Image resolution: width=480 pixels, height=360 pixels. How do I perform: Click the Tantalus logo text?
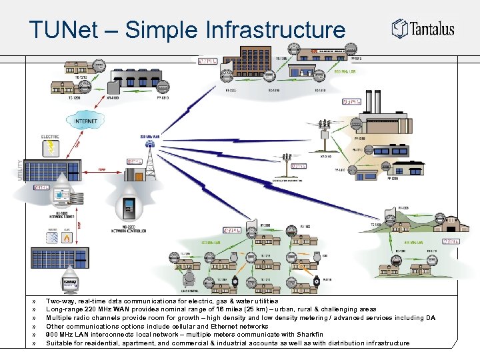pyautogui.click(x=433, y=29)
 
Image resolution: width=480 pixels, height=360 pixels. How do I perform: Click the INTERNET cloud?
pyautogui.click(x=85, y=121)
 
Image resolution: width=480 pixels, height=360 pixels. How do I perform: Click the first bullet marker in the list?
pyautogui.click(x=33, y=301)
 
